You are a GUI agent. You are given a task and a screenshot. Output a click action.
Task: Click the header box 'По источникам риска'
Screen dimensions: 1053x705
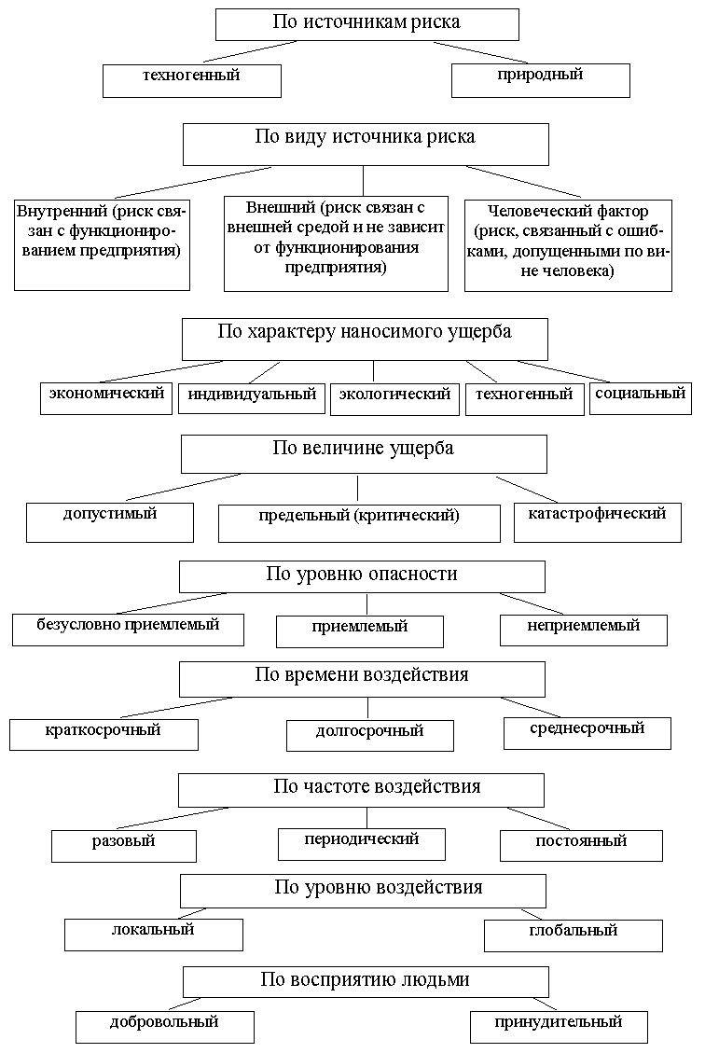point(366,24)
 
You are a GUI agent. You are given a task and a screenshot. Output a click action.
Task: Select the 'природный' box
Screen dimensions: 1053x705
point(540,79)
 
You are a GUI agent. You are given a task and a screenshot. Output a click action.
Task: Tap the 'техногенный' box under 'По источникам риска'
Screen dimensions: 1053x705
point(191,79)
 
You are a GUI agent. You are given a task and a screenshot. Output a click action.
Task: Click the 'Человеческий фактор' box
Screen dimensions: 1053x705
point(568,242)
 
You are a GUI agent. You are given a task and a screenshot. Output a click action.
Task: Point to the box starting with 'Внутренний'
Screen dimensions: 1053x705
point(102,242)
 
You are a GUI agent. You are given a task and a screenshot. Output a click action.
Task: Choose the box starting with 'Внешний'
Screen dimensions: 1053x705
point(335,242)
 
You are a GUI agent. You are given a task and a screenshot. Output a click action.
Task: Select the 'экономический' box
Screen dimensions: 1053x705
point(106,397)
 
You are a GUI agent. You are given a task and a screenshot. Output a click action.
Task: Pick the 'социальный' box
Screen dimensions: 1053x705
point(640,397)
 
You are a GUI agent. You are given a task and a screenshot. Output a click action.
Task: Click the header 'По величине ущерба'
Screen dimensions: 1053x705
point(363,453)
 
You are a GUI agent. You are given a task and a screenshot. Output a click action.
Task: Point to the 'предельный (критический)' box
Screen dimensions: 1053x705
point(359,522)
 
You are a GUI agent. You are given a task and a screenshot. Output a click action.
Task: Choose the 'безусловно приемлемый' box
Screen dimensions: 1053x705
point(128,630)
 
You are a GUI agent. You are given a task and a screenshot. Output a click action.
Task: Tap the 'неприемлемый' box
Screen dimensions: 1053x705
point(583,630)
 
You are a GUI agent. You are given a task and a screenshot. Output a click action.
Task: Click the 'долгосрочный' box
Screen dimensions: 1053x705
point(369,735)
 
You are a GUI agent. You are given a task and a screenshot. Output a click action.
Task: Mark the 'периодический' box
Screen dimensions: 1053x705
point(361,843)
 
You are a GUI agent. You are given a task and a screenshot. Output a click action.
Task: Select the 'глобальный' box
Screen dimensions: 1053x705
point(573,935)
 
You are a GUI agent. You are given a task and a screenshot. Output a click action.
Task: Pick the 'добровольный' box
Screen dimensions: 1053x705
point(164,1027)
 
